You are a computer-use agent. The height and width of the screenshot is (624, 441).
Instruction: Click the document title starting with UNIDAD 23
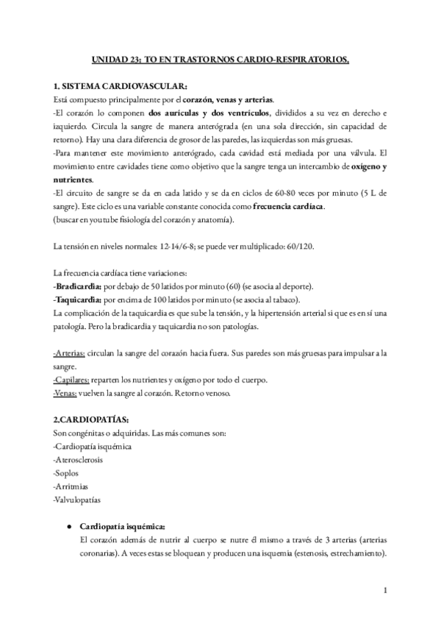[220, 63]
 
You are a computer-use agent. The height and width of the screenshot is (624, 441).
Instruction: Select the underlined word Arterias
[69, 353]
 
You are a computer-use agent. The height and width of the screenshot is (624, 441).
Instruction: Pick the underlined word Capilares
[71, 380]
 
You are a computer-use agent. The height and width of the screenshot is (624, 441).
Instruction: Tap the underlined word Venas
[65, 392]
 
